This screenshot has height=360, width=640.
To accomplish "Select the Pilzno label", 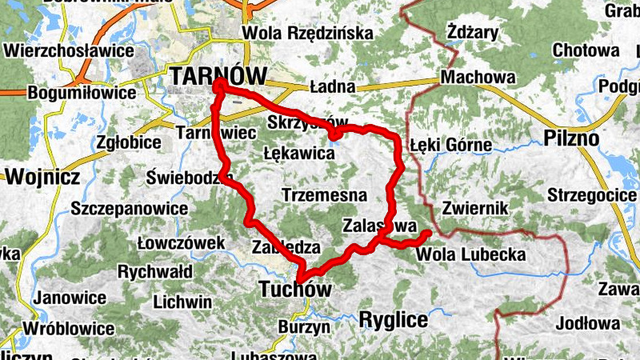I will [571, 137].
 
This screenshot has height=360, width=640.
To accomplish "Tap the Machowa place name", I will [478, 78].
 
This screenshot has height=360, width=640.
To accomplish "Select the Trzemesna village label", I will [324, 194].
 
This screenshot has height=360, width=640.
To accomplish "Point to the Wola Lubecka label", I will [470, 255].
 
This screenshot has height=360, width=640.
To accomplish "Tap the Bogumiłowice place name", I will [82, 93].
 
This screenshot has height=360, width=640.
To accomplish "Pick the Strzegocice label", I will [593, 195].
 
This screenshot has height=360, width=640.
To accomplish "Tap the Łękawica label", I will [298, 151].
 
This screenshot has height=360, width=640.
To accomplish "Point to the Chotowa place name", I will [586, 50].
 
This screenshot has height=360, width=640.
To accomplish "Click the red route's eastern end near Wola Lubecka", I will [427, 234].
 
